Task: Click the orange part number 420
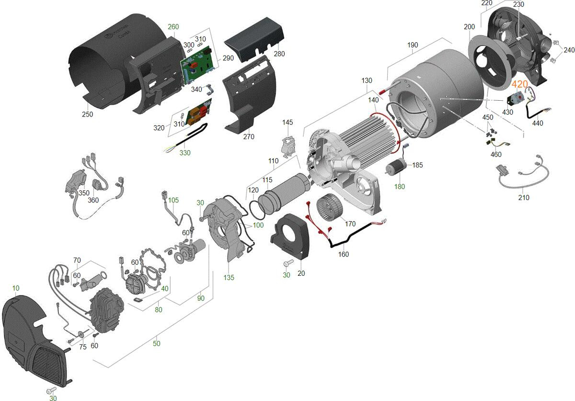pyautogui.click(x=520, y=84)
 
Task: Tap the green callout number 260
pyautogui.click(x=173, y=27)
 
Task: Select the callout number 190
pyautogui.click(x=413, y=45)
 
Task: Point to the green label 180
pyautogui.click(x=400, y=186)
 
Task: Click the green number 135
pyautogui.click(x=229, y=278)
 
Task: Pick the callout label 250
pyautogui.click(x=87, y=114)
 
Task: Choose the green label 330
pyautogui.click(x=184, y=153)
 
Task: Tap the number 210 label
pyautogui.click(x=524, y=197)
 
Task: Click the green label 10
pyautogui.click(x=16, y=288)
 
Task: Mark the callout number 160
pyautogui.click(x=343, y=254)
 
